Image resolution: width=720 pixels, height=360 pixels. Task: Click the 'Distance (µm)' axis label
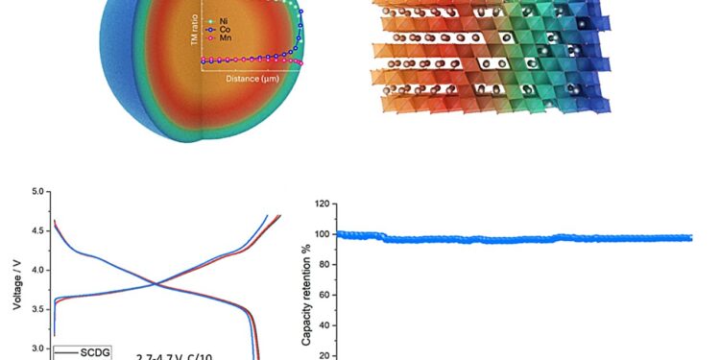click(x=252, y=79)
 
